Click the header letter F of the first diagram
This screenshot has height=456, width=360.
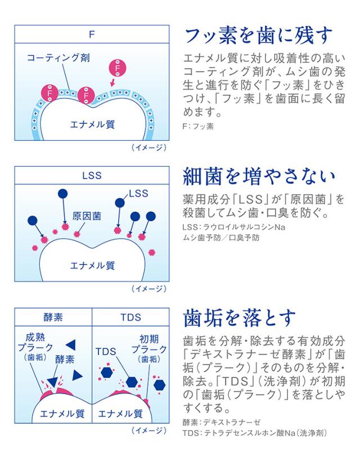(91, 33)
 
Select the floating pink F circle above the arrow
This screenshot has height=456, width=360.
(116, 69)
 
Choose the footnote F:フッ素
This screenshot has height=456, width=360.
(199, 127)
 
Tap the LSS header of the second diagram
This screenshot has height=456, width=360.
(91, 175)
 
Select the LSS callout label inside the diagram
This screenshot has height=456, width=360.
(138, 194)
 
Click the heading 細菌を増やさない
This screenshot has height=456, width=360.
(260, 176)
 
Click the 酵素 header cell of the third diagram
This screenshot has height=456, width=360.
(53, 316)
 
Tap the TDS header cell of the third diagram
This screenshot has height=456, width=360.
(130, 316)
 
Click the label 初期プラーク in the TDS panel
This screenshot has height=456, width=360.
(145, 345)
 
